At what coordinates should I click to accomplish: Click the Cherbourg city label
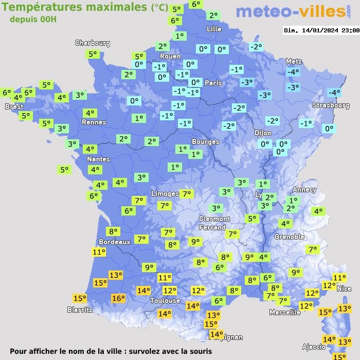(93, 43)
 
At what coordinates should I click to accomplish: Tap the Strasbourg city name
(331, 105)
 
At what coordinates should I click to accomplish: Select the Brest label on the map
(14, 106)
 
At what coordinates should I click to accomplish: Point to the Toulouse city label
(165, 300)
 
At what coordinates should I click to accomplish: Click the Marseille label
(285, 312)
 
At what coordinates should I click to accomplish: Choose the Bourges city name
(205, 141)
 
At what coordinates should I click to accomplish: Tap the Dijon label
(262, 133)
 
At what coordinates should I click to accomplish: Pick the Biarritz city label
(80, 310)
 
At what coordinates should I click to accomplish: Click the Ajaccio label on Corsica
(313, 347)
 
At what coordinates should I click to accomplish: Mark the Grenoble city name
(290, 237)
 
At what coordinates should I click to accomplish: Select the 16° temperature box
(118, 298)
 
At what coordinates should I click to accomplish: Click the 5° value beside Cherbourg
(93, 53)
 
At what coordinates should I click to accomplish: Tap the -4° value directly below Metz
(293, 72)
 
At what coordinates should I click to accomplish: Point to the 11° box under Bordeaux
(99, 252)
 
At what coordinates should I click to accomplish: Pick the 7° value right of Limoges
(187, 194)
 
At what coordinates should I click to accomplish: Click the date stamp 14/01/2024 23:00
(321, 30)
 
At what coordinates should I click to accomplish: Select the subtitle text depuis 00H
(33, 19)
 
